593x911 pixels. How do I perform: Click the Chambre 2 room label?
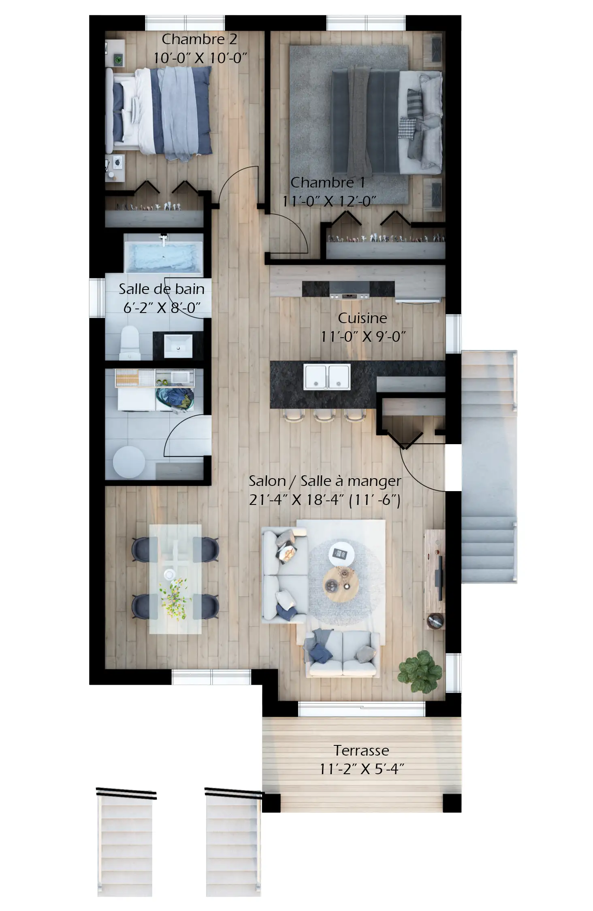(199, 39)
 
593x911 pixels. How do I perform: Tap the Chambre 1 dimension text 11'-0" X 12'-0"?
(329, 201)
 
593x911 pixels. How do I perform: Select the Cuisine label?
(362, 318)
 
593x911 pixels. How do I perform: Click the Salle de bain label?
(161, 289)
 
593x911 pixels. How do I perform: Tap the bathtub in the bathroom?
(163, 257)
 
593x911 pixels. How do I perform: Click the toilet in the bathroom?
(130, 343)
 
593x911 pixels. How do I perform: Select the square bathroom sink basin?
(178, 345)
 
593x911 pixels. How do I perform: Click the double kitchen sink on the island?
(327, 377)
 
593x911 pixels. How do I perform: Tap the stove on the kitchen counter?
(349, 290)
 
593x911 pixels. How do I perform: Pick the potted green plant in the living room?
(420, 672)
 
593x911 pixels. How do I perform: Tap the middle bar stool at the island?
(324, 415)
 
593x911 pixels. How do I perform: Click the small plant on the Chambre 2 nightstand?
(118, 60)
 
